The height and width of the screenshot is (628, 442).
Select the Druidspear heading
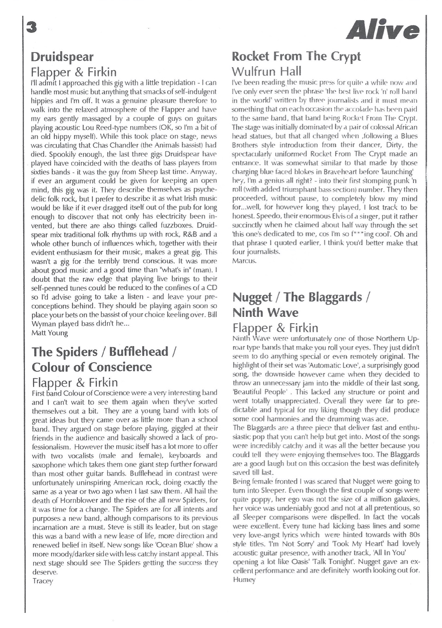[x=62, y=57]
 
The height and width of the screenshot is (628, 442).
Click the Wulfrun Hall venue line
[x=267, y=71]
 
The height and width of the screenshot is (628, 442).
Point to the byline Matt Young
[x=49, y=332]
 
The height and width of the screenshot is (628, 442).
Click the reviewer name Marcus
[x=244, y=261]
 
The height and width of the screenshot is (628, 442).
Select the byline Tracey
[x=42, y=581]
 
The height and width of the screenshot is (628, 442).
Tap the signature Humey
[x=244, y=580]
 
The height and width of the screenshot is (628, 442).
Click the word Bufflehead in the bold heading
[x=140, y=352]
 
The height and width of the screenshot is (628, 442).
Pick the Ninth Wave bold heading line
[x=265, y=313]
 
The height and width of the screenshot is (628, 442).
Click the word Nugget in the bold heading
[x=252, y=297]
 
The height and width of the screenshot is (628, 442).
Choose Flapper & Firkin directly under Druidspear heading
[x=74, y=72]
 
